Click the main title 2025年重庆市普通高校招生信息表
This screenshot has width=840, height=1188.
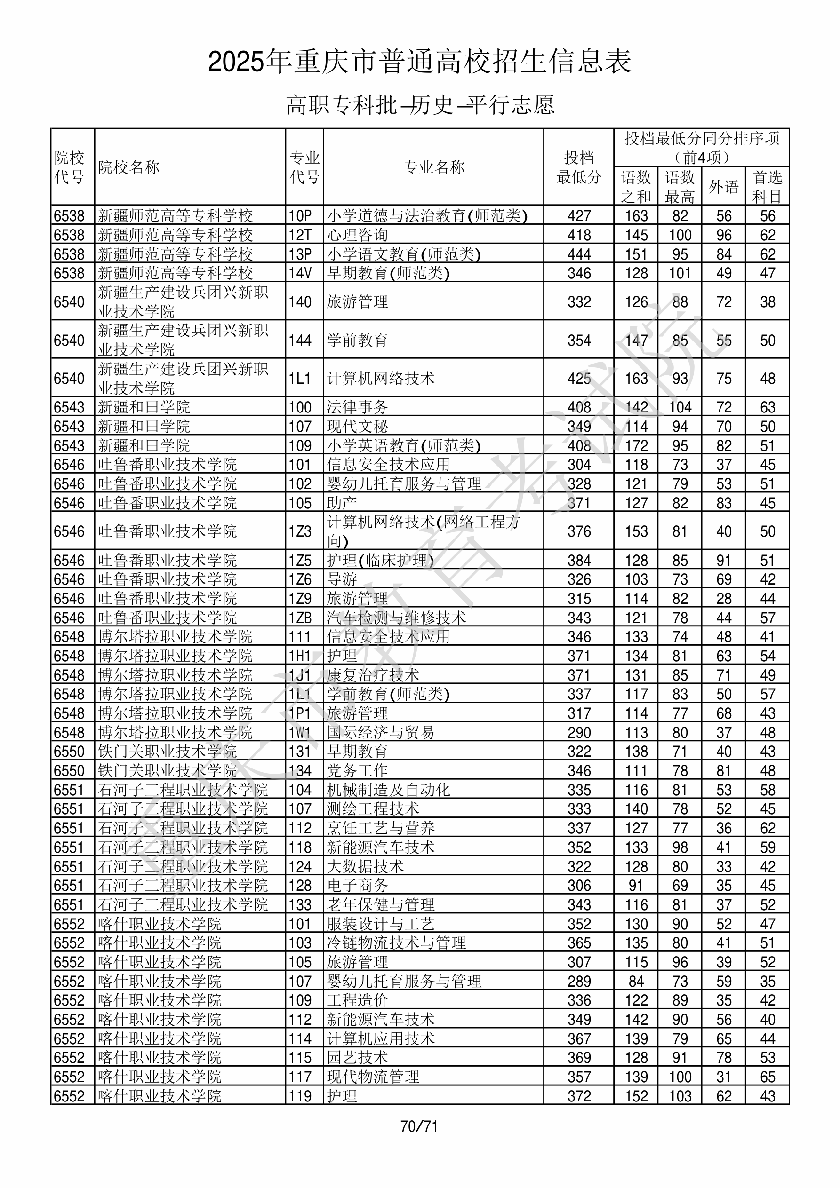coord(419,62)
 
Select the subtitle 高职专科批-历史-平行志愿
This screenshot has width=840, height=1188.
coord(420,105)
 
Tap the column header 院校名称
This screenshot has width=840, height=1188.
coord(129,167)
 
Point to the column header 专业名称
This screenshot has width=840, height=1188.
coord(433,167)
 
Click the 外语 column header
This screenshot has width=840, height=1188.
coord(723,187)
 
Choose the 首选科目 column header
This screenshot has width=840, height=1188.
coord(767,187)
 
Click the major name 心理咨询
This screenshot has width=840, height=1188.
coord(357,235)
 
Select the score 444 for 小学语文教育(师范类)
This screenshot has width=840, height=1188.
coord(578,254)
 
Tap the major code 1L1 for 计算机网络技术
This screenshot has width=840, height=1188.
coord(300,379)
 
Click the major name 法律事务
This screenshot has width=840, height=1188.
coord(357,407)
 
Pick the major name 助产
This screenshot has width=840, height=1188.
coord(342,503)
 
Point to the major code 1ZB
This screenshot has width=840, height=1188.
coord(300,618)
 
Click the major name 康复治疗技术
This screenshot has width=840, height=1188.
coord(373,675)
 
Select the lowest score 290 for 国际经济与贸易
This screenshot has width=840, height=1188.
coord(578,733)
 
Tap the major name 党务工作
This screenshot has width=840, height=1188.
coord(357,771)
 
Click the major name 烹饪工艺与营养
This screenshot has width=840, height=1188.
coord(381,828)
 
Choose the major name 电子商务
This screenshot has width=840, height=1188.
coord(357,886)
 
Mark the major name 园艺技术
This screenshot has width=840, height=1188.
coord(357,1058)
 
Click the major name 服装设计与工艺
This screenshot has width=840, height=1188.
coord(381,924)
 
